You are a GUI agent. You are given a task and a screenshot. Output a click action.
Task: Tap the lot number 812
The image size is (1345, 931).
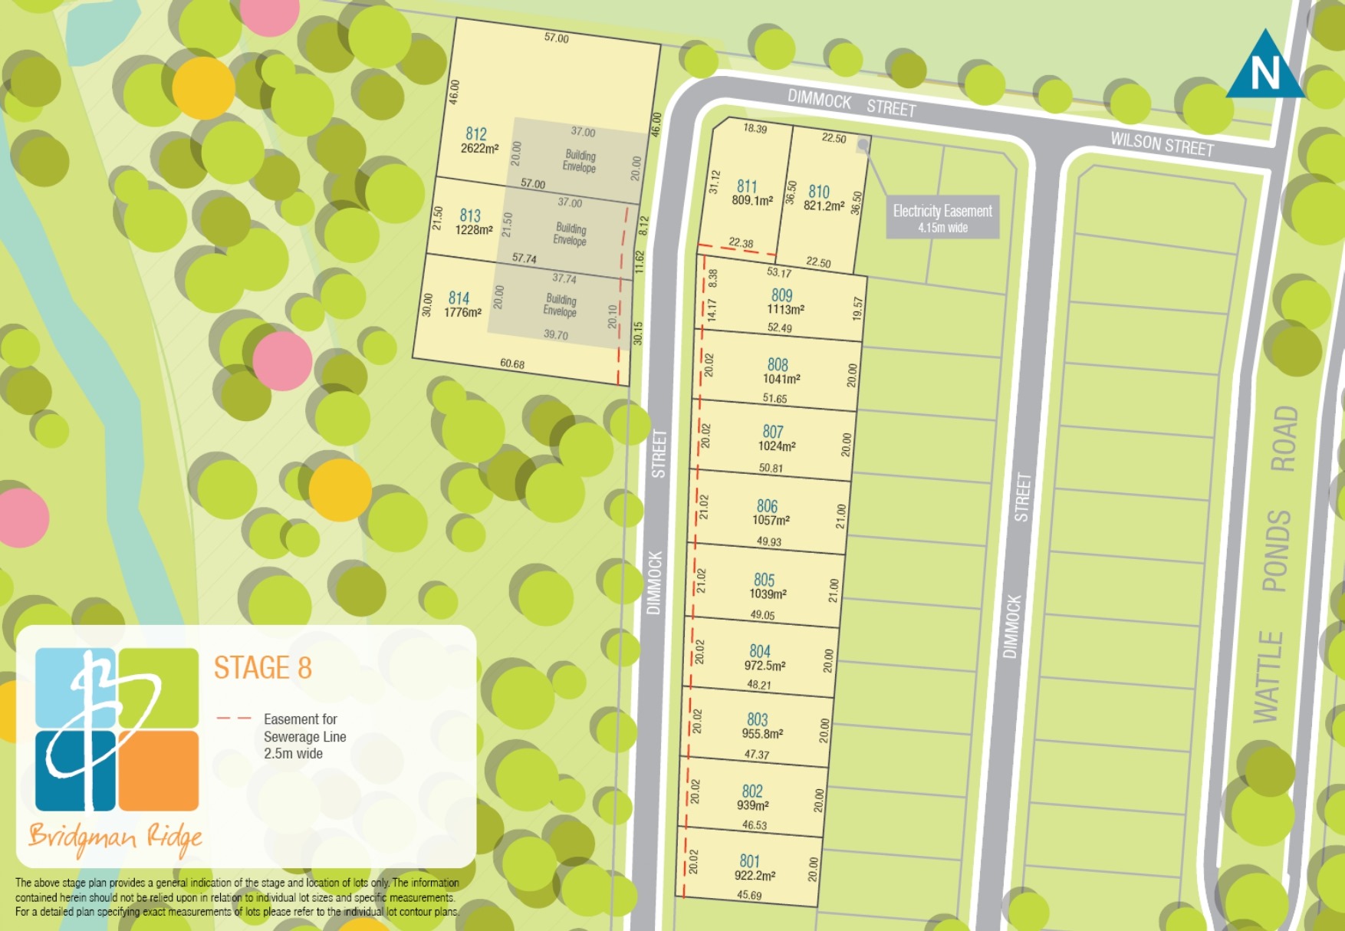coord(476,134)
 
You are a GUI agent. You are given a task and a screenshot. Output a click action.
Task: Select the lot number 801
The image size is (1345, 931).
coord(749,861)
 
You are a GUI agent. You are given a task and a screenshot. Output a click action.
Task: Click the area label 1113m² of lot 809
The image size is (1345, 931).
coord(785,310)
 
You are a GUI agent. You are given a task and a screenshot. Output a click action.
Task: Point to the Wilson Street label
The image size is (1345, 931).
coord(1162,143)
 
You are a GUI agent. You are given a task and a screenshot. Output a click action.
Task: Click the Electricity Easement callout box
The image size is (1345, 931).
coord(942,217)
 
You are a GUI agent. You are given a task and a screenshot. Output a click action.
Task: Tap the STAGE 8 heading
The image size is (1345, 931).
coord(262,668)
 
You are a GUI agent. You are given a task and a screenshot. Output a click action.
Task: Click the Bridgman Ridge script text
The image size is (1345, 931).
coord(115,837)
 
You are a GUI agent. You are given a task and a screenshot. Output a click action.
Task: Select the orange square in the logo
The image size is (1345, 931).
coord(159,770)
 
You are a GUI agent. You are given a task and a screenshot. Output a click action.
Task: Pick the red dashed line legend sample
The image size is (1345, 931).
coord(234,719)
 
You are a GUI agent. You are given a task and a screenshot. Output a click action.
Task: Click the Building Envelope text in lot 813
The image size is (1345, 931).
coord(570,234)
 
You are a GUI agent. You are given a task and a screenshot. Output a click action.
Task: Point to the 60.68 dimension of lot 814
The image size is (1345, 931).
coord(512,364)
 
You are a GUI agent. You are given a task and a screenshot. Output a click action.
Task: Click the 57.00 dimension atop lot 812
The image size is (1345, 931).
coord(556,38)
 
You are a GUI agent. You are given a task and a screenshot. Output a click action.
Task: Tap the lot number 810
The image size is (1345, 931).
coord(819,192)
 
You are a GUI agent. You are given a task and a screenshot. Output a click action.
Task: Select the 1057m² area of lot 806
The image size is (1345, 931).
coord(771,520)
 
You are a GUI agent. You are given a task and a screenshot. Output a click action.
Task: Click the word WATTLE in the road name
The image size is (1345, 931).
coord(1268,676)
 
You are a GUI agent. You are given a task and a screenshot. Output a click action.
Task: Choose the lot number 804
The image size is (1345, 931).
coord(760,651)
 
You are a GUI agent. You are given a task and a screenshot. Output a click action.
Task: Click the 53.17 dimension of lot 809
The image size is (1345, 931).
coord(779,272)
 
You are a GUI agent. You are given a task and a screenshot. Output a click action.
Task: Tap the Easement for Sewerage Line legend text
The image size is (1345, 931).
coord(304,736)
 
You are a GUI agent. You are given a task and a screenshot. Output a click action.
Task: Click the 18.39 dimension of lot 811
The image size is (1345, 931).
coord(755,129)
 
